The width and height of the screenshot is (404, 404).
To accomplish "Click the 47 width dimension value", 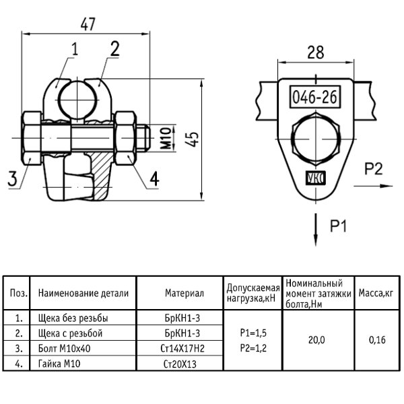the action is tap(88, 24).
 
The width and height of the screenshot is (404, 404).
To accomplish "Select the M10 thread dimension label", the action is tap(166, 138).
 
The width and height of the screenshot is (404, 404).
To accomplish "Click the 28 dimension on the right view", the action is tap(316, 53).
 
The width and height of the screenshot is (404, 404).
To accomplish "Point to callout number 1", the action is tap(75, 49).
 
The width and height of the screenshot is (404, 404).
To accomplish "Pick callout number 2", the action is tap(115, 49).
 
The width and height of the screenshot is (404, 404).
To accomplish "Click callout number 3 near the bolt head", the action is tap(13, 178).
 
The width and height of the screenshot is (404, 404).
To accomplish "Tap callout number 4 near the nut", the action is tap(154, 178).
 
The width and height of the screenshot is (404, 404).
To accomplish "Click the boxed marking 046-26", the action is tap(315, 97).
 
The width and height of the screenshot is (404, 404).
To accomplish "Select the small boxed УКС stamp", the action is tap(316, 178).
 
